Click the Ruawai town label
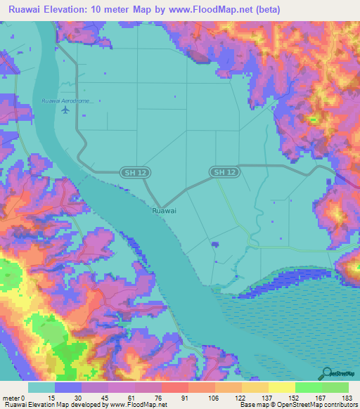pos(164,209)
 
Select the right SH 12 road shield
pos(225,172)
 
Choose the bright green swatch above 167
pos(309,387)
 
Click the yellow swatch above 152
pos(282,387)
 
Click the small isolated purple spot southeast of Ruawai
pos(214,244)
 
